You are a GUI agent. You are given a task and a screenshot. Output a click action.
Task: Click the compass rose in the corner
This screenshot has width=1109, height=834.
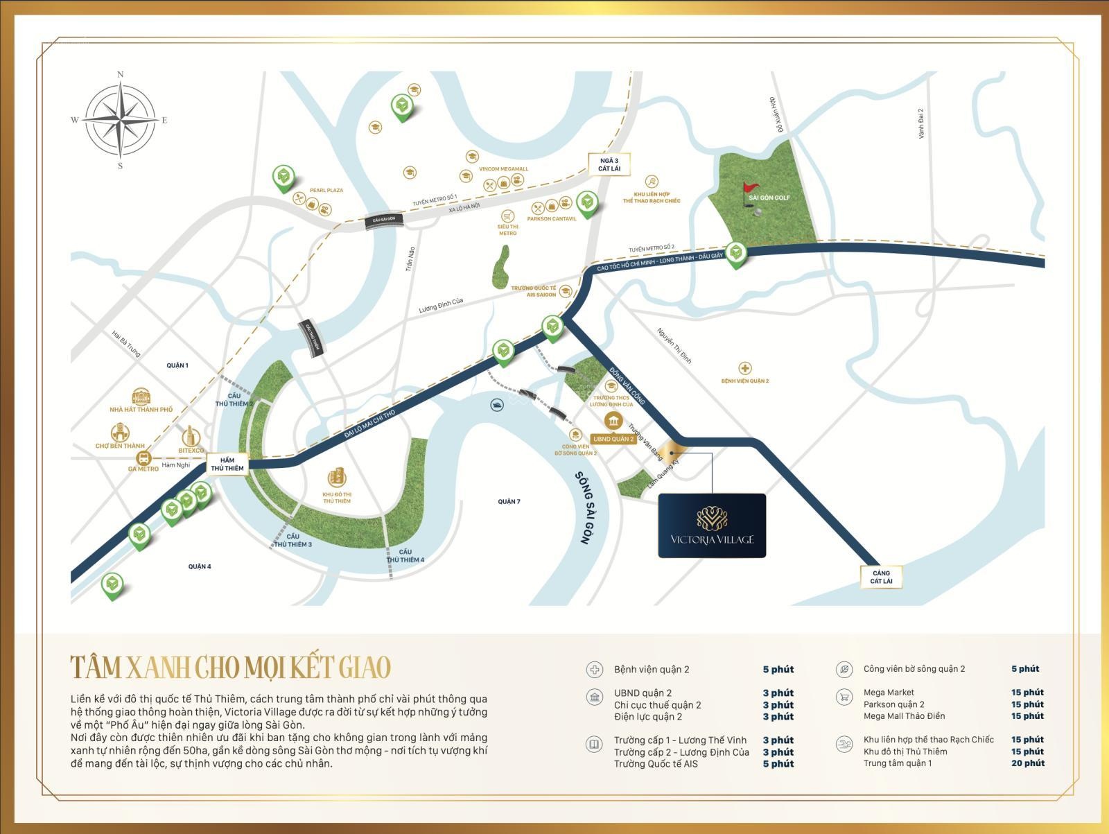click(121, 120)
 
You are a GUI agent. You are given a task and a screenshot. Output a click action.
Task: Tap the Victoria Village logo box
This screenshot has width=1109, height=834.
click(712, 525)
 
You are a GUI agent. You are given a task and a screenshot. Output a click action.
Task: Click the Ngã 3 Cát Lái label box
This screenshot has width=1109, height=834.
click(609, 164)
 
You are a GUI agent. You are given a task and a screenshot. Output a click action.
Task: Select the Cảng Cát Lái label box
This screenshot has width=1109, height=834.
click(881, 577)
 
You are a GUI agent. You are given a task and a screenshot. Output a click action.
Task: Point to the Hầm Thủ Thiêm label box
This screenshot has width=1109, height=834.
click(227, 464)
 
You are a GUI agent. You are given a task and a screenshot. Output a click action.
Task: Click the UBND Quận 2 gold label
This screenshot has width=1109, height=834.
click(613, 439)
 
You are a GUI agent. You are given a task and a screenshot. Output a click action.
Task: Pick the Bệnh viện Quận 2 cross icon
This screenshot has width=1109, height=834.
click(744, 368)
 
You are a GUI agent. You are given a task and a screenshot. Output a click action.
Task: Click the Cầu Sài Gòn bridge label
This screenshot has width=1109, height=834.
click(383, 219)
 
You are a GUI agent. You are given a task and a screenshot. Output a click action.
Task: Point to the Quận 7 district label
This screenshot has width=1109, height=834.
click(509, 501)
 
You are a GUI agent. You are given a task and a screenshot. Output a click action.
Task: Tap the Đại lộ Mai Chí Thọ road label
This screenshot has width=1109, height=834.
click(369, 423)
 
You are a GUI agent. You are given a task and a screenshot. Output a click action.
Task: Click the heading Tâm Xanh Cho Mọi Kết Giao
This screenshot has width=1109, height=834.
click(231, 666)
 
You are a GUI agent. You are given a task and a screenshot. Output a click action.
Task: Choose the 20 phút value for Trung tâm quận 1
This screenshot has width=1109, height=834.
click(1027, 763)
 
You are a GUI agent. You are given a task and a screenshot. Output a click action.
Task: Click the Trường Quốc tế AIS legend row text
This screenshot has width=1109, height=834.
click(656, 764)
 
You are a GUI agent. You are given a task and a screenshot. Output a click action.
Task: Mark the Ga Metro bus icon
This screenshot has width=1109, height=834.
click(144, 458)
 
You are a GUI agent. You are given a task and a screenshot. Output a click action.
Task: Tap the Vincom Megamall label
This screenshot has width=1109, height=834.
click(503, 169)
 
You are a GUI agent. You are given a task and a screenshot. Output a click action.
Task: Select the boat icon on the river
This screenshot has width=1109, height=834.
click(496, 405)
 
